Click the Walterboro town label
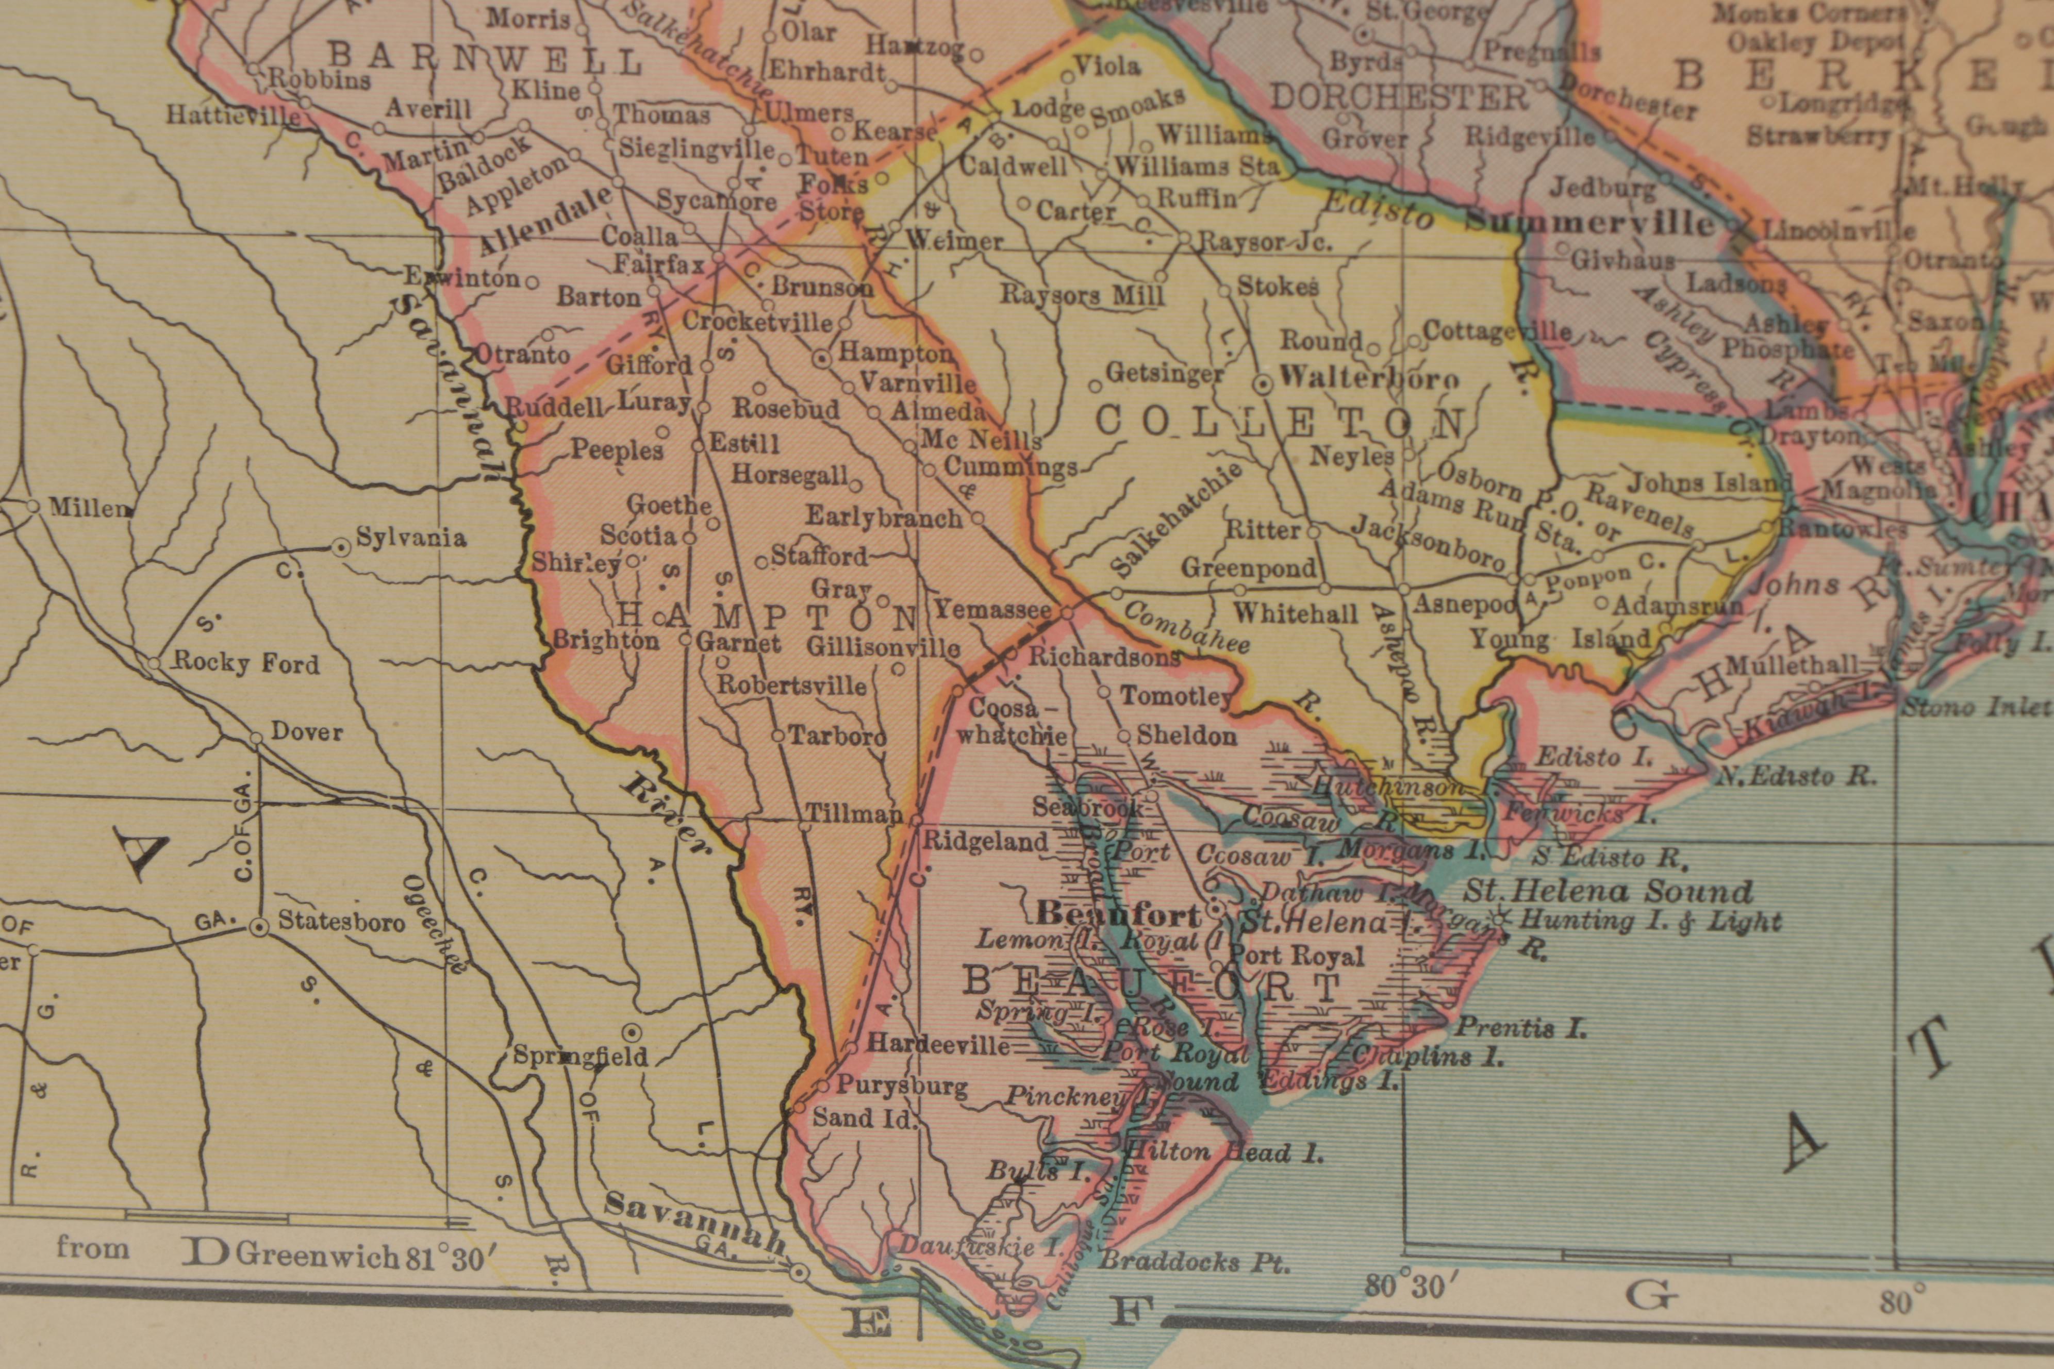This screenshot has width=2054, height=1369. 1368,379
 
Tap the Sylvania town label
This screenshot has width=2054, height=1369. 410,537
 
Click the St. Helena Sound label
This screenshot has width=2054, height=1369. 1608,891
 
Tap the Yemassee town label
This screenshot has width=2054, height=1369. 993,609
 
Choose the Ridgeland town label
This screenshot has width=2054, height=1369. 985,842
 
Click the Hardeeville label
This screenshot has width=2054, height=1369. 939,1045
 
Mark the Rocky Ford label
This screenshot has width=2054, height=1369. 246,663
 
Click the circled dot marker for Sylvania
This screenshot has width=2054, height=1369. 341,547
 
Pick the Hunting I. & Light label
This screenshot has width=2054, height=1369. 1650,920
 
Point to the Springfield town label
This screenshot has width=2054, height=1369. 580,1057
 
